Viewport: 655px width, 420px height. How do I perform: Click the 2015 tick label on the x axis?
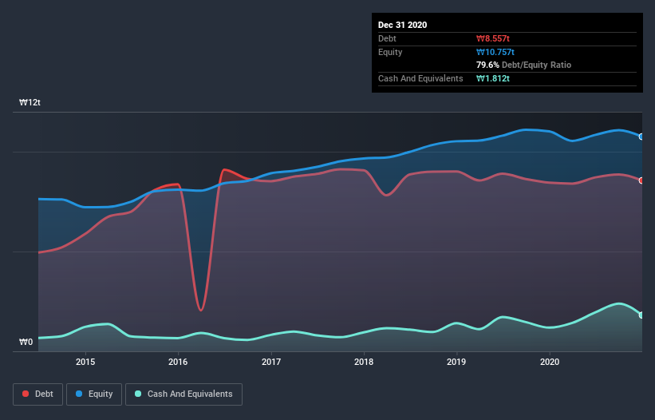click(85, 362)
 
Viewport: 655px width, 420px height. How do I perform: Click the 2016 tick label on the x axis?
click(178, 362)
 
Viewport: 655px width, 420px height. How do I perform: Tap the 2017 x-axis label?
click(271, 362)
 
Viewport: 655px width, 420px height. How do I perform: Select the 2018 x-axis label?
click(364, 362)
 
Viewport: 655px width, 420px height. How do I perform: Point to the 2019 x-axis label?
click(457, 362)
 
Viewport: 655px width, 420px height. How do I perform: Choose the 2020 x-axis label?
click(550, 362)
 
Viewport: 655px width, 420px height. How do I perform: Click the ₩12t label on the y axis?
click(30, 103)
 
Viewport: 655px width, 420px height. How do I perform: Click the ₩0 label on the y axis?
click(26, 343)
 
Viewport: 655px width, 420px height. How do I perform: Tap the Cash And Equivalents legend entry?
click(183, 394)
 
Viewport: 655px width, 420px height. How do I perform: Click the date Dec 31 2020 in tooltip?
click(402, 25)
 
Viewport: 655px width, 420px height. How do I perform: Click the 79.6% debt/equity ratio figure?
click(487, 65)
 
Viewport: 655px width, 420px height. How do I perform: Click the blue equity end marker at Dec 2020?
click(641, 137)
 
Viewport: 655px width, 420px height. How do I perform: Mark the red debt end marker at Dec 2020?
click(641, 180)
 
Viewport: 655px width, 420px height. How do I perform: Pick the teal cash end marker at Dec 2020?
click(641, 315)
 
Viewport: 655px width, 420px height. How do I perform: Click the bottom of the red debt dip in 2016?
click(201, 310)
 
